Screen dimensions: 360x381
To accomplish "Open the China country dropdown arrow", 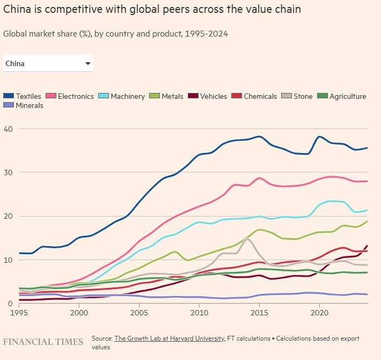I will tap(88, 64).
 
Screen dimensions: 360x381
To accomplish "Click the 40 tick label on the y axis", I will tap(8, 129).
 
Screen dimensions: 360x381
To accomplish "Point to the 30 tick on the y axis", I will tap(8, 172).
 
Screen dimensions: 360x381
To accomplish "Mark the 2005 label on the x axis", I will tap(139, 312).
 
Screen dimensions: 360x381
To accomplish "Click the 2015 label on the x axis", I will tap(259, 312).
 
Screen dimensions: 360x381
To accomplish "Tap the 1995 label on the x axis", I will tap(19, 312).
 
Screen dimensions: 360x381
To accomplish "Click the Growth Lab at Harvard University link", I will tap(169, 339).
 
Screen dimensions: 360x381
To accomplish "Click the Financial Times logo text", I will tap(43, 342).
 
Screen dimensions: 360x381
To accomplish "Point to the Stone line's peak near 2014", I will tap(246, 239).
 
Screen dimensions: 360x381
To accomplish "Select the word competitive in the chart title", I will tap(63, 10).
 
